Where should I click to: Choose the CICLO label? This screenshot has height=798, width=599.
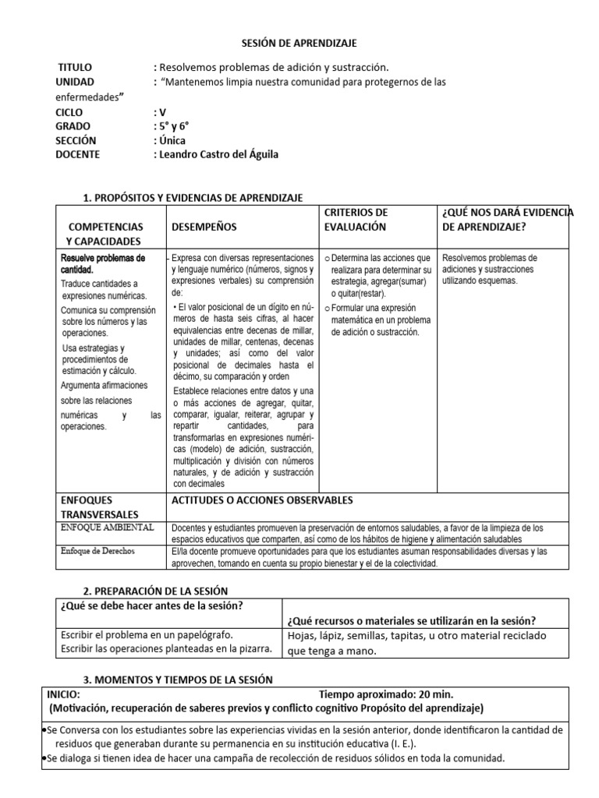coord(69,111)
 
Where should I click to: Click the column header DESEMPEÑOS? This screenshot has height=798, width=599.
coord(204,226)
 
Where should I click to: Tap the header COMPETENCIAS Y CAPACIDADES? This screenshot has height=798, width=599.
coord(105,233)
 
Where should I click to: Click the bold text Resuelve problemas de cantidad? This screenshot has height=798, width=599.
coord(103,263)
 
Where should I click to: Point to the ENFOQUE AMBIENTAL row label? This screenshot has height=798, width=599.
coord(107,528)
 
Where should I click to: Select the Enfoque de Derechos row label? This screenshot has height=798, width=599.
coord(97,550)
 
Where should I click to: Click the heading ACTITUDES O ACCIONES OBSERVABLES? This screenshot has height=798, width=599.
coord(262,500)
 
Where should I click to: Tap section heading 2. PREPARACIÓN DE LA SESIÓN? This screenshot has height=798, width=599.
coord(155,591)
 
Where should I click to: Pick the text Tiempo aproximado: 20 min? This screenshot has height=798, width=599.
coord(386,694)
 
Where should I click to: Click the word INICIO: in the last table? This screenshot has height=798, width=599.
coord(62,694)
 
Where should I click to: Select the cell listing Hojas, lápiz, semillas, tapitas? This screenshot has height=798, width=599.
coord(416,643)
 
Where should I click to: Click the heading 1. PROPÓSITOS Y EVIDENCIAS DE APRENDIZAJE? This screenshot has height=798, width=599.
coord(193,198)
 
